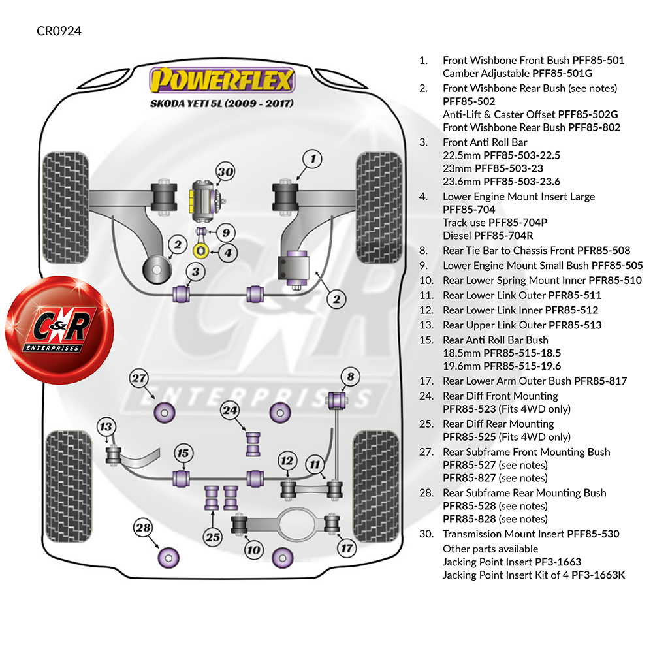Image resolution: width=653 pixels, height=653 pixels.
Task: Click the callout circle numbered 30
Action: pos(225,172)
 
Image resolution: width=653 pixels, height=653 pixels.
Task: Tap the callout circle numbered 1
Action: pos(313,159)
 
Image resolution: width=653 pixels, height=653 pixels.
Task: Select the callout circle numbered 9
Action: pos(225,232)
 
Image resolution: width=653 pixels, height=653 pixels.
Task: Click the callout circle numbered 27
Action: pos(138,378)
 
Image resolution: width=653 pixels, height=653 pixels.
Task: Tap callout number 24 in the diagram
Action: pos(230,411)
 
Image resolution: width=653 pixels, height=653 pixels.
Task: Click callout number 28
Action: pos(143,527)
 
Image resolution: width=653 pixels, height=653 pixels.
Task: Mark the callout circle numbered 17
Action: pos(345,548)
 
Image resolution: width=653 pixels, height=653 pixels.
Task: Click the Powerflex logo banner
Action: pos(222,82)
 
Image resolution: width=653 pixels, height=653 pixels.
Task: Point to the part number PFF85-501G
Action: pos(562,74)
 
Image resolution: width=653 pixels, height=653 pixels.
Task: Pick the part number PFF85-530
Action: pos(593,534)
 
